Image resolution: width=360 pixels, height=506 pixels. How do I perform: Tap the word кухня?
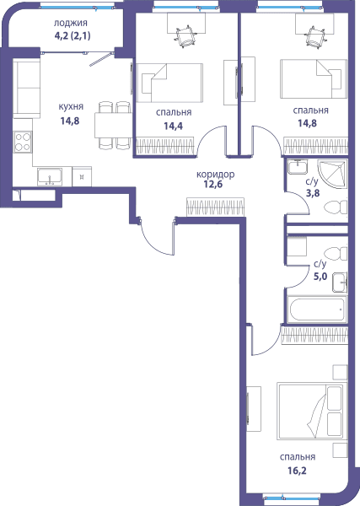point(71,107)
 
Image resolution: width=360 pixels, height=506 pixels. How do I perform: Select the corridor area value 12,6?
point(213,185)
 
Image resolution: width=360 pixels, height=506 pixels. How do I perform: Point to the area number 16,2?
point(297,471)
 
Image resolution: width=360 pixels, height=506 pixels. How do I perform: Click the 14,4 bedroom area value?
point(173,126)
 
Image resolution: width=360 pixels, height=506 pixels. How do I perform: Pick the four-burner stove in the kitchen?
point(23,142)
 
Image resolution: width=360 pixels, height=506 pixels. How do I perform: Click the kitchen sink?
point(50,177)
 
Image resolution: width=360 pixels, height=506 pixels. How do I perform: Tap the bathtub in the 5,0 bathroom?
point(317,310)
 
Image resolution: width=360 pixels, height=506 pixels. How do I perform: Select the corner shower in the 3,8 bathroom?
point(332,175)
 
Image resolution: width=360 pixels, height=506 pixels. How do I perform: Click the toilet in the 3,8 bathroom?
point(336,207)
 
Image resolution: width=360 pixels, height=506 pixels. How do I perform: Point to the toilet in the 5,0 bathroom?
point(336,254)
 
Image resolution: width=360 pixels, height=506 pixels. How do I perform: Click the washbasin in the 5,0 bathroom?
point(340,283)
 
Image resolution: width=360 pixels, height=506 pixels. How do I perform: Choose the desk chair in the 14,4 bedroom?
point(185,37)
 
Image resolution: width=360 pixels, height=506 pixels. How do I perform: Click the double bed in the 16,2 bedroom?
point(312,412)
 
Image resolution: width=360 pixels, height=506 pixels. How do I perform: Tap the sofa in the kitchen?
point(26,88)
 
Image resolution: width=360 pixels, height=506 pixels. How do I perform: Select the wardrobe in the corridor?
point(215,207)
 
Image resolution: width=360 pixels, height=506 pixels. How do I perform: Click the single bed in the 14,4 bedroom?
point(169,83)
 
